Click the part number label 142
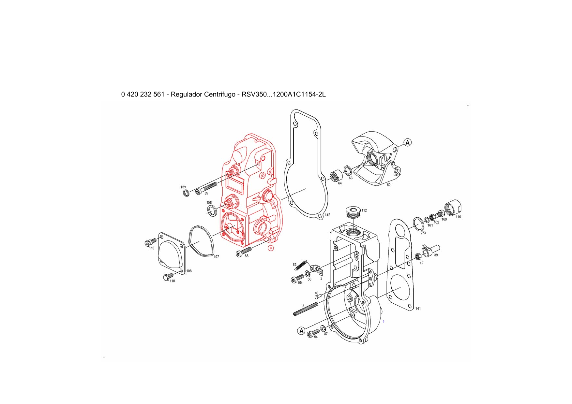click(x=327, y=215)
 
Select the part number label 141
click(x=418, y=309)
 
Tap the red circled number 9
click(x=270, y=248)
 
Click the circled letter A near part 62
click(x=408, y=142)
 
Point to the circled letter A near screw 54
click(x=301, y=331)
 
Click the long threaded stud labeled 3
click(x=306, y=309)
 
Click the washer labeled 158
click(x=212, y=210)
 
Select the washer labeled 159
click(x=186, y=193)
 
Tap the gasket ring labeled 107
click(x=201, y=241)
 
